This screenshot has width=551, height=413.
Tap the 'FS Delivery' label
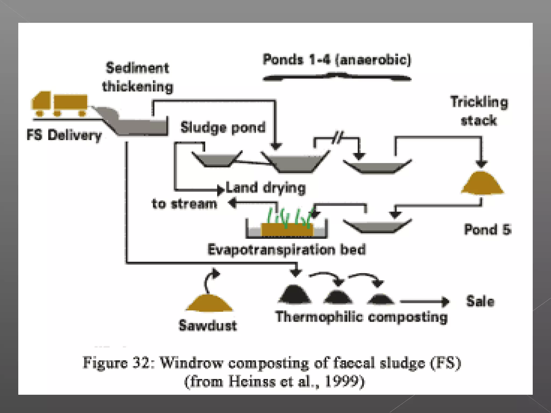point(64,135)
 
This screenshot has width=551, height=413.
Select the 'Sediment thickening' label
point(137,77)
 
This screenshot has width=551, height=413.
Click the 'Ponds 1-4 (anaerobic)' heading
point(337,60)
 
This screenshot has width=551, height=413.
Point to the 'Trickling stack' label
point(479,111)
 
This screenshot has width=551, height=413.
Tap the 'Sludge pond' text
point(223,127)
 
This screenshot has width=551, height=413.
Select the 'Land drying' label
point(266,188)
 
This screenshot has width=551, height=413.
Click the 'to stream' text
point(184,204)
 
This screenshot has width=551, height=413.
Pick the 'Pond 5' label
point(488,230)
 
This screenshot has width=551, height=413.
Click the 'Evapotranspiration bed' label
point(287,250)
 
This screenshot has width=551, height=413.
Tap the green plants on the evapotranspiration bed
point(289,217)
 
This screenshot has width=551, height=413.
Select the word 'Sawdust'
point(208,325)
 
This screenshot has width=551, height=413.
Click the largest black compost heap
point(295,294)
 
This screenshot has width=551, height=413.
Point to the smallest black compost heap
point(380,299)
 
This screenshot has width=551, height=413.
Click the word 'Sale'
point(480,301)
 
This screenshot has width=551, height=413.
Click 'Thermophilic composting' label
point(361,317)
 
